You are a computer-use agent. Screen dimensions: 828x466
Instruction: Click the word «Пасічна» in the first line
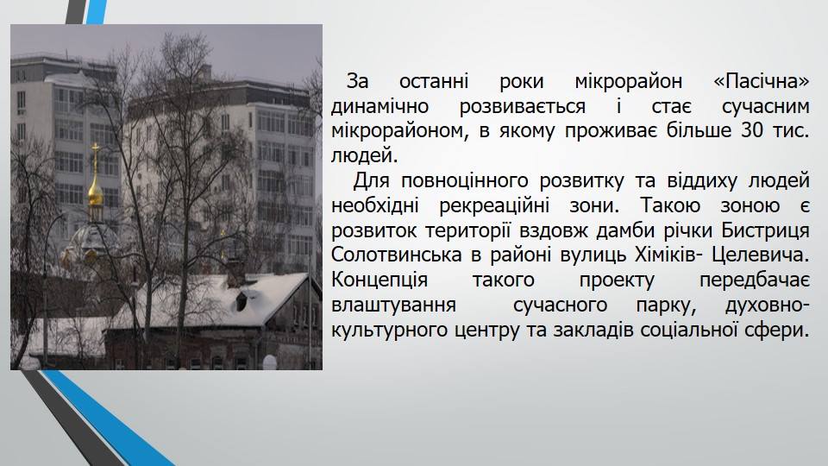coord(761,81)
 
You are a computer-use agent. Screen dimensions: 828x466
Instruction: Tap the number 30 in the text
coord(752,130)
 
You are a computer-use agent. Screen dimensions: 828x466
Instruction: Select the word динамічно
coord(379,106)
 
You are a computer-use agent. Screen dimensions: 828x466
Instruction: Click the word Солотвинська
coord(397,255)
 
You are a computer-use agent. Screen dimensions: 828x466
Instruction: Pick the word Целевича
coord(761,255)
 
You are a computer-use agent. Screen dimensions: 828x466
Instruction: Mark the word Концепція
coord(379,280)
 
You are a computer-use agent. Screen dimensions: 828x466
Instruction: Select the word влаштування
coord(393,305)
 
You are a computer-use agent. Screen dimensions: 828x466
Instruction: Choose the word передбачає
coord(755,280)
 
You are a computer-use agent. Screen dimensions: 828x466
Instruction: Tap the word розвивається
coord(523,107)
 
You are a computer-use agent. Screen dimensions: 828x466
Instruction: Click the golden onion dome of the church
coord(96,192)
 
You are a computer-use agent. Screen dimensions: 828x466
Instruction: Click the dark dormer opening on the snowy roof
coord(241,301)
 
